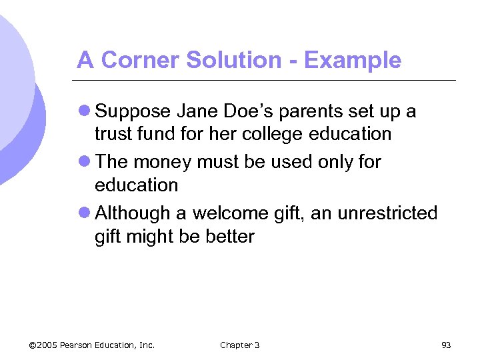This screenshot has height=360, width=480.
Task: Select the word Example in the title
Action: (x=353, y=61)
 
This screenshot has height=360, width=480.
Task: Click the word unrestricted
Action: (x=388, y=213)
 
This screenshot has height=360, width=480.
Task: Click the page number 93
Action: (x=446, y=345)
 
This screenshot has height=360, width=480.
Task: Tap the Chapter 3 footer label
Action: (x=239, y=345)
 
